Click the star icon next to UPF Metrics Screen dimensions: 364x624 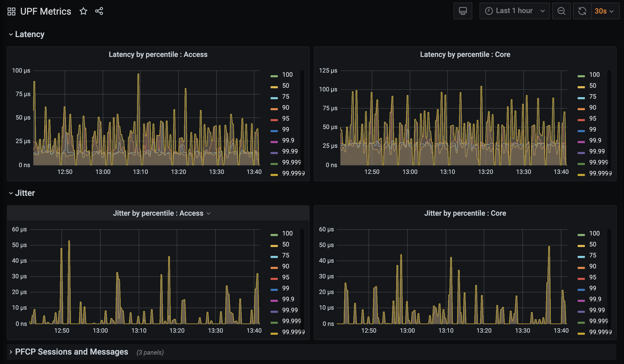pos(83,11)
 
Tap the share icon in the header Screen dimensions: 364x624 pos(99,11)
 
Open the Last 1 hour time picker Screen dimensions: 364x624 pos(515,11)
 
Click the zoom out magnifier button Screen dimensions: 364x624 pos(561,11)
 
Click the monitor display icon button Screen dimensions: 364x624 pos(463,11)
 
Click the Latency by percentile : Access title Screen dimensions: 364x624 pos(158,55)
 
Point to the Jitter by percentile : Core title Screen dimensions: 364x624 pos(465,213)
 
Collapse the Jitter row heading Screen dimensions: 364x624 pos(25,193)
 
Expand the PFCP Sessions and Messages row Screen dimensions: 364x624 pos(71,352)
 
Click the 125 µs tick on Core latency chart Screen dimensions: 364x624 pos(328,71)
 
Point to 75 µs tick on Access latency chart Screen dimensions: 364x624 pos(23,94)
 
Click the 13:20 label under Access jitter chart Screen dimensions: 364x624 pos(177,331)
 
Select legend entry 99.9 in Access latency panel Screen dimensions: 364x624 pos(288,140)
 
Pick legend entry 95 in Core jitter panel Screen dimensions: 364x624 pos(592,277)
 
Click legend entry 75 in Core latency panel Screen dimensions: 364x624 pos(592,97)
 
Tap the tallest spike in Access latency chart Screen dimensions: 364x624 pos(138,75)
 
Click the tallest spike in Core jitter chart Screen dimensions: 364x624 pos(549,247)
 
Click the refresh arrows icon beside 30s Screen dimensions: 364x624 pos(582,11)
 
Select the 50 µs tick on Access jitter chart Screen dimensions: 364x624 pos(19,245)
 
